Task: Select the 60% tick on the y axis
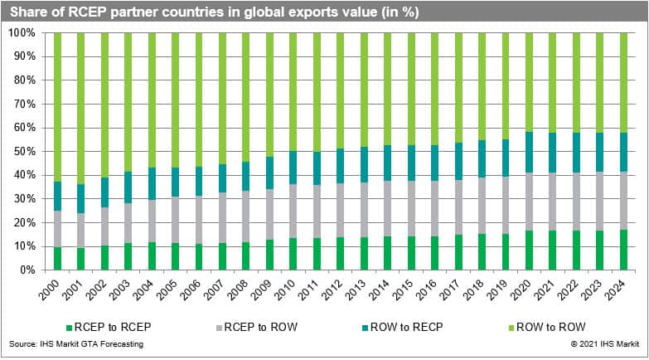tap(23, 128)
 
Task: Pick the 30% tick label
tap(23, 199)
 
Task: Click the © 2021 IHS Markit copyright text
tap(603, 343)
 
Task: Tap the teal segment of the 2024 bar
tap(623, 152)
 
